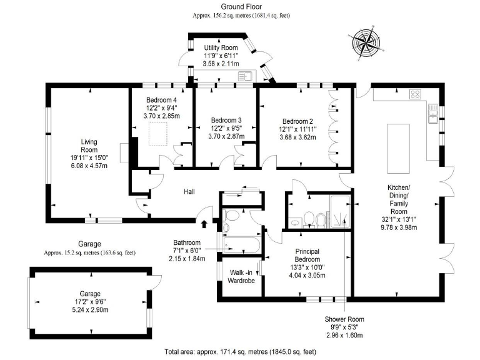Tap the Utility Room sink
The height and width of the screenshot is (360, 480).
click(244, 76)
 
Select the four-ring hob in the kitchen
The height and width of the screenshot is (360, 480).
click(415, 94)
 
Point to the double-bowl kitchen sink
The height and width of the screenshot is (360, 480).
click(432, 113)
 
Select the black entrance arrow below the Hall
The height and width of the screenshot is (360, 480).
click(204, 222)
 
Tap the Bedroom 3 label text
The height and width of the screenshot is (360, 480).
click(226, 120)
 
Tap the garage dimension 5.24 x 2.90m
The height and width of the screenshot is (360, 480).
click(89, 309)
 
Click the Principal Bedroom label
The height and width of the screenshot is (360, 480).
click(307, 255)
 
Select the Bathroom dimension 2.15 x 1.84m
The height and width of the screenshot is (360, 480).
click(187, 258)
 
